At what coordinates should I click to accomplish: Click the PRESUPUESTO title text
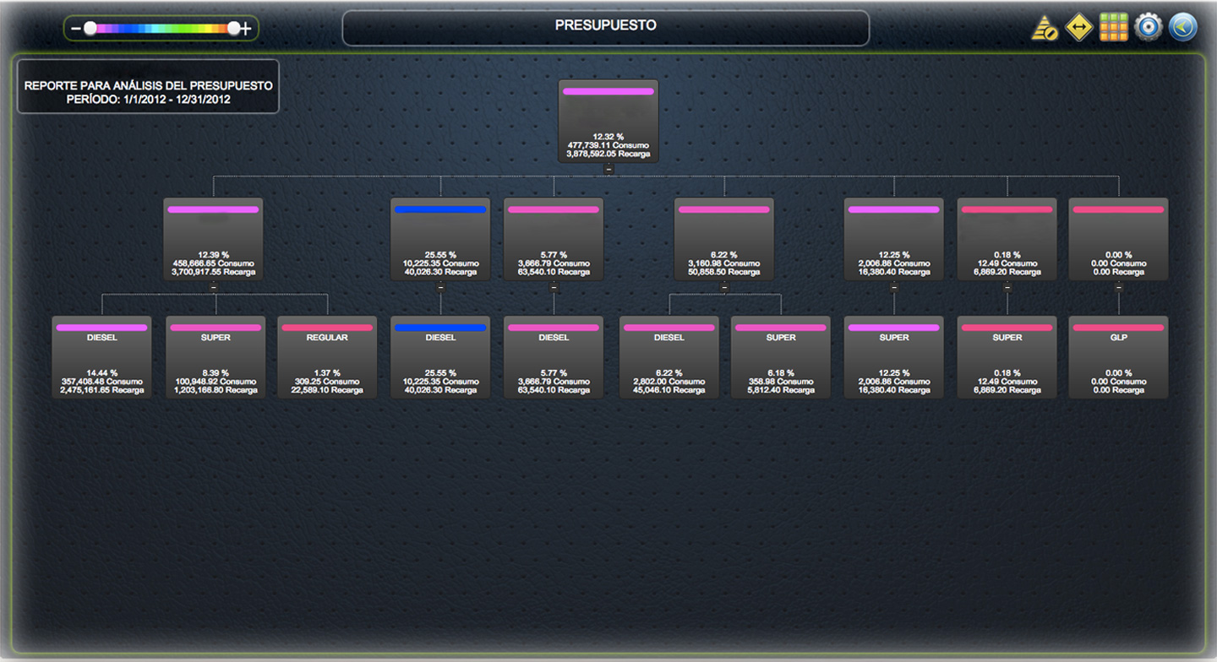(x=605, y=25)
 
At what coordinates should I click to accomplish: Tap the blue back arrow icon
(x=1182, y=27)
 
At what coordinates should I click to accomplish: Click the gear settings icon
(x=1148, y=27)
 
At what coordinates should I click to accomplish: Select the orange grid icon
(x=1114, y=27)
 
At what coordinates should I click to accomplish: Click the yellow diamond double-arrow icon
(x=1079, y=27)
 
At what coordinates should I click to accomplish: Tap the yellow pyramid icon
(x=1045, y=28)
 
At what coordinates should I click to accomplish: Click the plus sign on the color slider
(x=246, y=29)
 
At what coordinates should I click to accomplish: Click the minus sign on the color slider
(x=76, y=29)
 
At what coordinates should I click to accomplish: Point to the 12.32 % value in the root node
(x=608, y=136)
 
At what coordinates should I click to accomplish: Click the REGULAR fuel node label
(x=328, y=338)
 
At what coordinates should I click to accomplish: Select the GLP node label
(x=1118, y=338)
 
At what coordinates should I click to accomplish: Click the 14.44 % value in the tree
(x=101, y=372)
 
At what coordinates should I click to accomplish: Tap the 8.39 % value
(x=215, y=372)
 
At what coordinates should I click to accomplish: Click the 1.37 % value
(x=328, y=372)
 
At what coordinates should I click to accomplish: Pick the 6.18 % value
(x=781, y=372)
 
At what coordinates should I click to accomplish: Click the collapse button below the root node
(x=608, y=169)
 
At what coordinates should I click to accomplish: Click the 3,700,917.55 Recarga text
(x=214, y=272)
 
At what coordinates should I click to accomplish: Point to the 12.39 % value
(x=214, y=254)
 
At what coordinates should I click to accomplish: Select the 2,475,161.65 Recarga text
(x=101, y=390)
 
